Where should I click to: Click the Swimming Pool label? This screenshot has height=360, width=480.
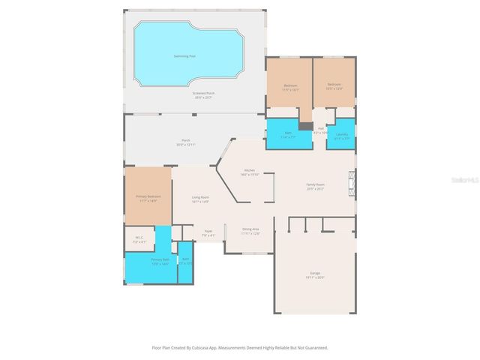[x=184, y=55]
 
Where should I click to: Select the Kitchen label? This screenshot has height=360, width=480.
[x=250, y=172]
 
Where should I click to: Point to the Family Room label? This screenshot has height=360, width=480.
[x=315, y=187]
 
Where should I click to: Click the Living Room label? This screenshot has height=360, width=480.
[x=200, y=200]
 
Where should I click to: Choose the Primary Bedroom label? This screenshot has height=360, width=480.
[x=148, y=198]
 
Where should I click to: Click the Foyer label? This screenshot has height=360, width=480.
[x=208, y=234]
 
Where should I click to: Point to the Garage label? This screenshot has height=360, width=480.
[x=315, y=274]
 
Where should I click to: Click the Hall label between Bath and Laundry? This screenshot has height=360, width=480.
[x=320, y=130]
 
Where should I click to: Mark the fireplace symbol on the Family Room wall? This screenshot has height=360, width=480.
[x=349, y=183]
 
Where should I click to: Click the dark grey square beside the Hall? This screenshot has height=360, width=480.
[x=305, y=125]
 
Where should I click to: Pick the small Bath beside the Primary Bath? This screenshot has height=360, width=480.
[x=185, y=262]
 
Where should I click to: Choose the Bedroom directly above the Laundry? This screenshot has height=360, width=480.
[x=334, y=85]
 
